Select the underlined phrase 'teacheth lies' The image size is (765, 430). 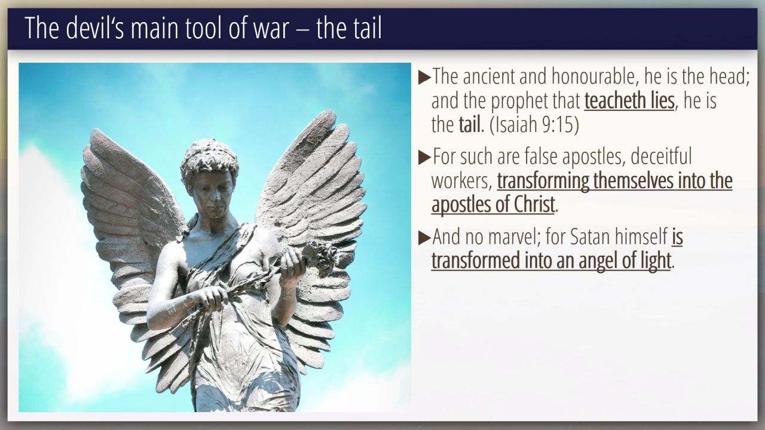[629, 101]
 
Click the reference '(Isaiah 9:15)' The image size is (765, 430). [534, 125]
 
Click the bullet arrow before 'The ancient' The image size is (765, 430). [424, 78]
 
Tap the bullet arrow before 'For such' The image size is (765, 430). [424, 157]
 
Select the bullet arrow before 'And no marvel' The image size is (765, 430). [424, 238]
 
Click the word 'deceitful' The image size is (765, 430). [661, 156]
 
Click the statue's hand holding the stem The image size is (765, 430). [211, 297]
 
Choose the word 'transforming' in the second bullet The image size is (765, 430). [543, 181]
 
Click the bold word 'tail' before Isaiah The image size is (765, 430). [470, 125]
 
